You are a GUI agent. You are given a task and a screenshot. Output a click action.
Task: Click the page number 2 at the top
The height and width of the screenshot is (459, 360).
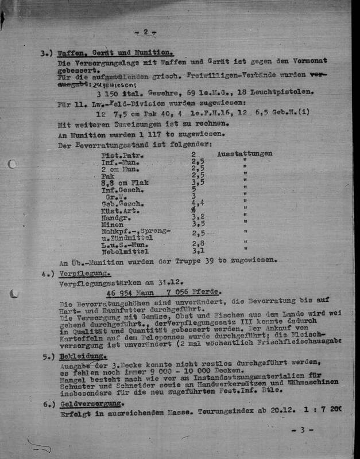click(x=145, y=32)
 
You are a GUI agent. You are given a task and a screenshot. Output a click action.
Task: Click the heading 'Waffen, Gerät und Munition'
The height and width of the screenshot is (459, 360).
click(x=115, y=53)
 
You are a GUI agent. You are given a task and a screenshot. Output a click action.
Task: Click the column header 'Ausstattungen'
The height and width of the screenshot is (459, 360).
click(x=245, y=154)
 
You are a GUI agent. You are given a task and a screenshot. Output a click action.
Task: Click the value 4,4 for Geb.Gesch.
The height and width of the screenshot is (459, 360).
click(x=198, y=203)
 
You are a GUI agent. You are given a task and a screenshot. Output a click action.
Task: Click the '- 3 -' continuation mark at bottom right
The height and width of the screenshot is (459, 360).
click(x=307, y=429)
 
